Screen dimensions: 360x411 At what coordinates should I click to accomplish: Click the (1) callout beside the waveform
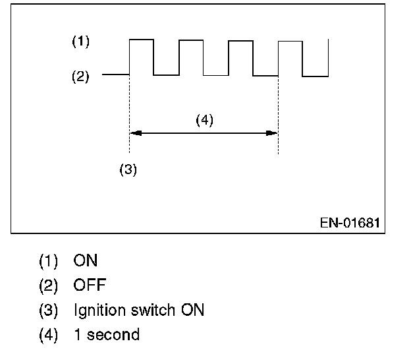[80, 42]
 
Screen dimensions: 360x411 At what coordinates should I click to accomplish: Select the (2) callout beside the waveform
[80, 76]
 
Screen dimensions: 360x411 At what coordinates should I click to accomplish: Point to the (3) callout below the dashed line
[128, 169]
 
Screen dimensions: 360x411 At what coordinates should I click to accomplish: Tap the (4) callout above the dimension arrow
[204, 120]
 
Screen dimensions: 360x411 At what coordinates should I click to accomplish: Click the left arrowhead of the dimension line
[134, 133]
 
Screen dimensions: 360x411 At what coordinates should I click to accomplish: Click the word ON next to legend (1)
[86, 260]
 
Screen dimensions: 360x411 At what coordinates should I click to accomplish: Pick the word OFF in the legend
[90, 285]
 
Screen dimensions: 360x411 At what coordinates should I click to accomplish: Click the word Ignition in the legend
[97, 311]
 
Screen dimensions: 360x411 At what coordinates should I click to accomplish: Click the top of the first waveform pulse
[142, 40]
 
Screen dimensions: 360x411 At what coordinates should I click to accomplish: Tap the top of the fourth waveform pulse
[290, 42]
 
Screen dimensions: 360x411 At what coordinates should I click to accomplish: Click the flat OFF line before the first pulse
[116, 75]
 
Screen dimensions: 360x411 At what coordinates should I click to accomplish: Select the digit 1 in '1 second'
[77, 335]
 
